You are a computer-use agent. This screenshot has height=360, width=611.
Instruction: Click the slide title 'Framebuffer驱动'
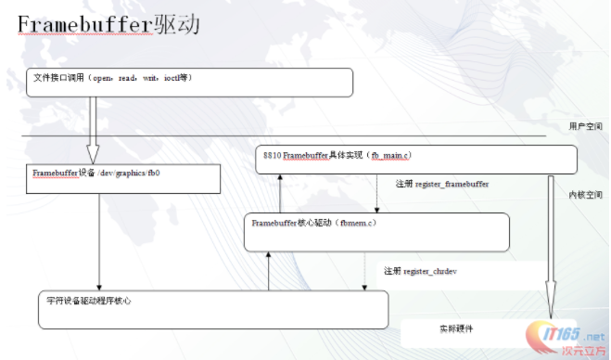pyautogui.click(x=109, y=25)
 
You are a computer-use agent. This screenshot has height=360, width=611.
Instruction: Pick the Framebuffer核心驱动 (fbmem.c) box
pyautogui.click(x=376, y=231)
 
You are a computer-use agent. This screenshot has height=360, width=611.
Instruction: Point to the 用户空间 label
pyautogui.click(x=585, y=126)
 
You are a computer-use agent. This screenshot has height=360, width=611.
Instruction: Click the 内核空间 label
pyautogui.click(x=585, y=196)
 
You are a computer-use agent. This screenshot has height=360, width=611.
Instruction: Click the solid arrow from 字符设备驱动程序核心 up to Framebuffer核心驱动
pyautogui.click(x=268, y=271)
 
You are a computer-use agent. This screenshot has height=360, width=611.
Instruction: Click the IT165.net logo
pyautogui.click(x=566, y=337)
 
